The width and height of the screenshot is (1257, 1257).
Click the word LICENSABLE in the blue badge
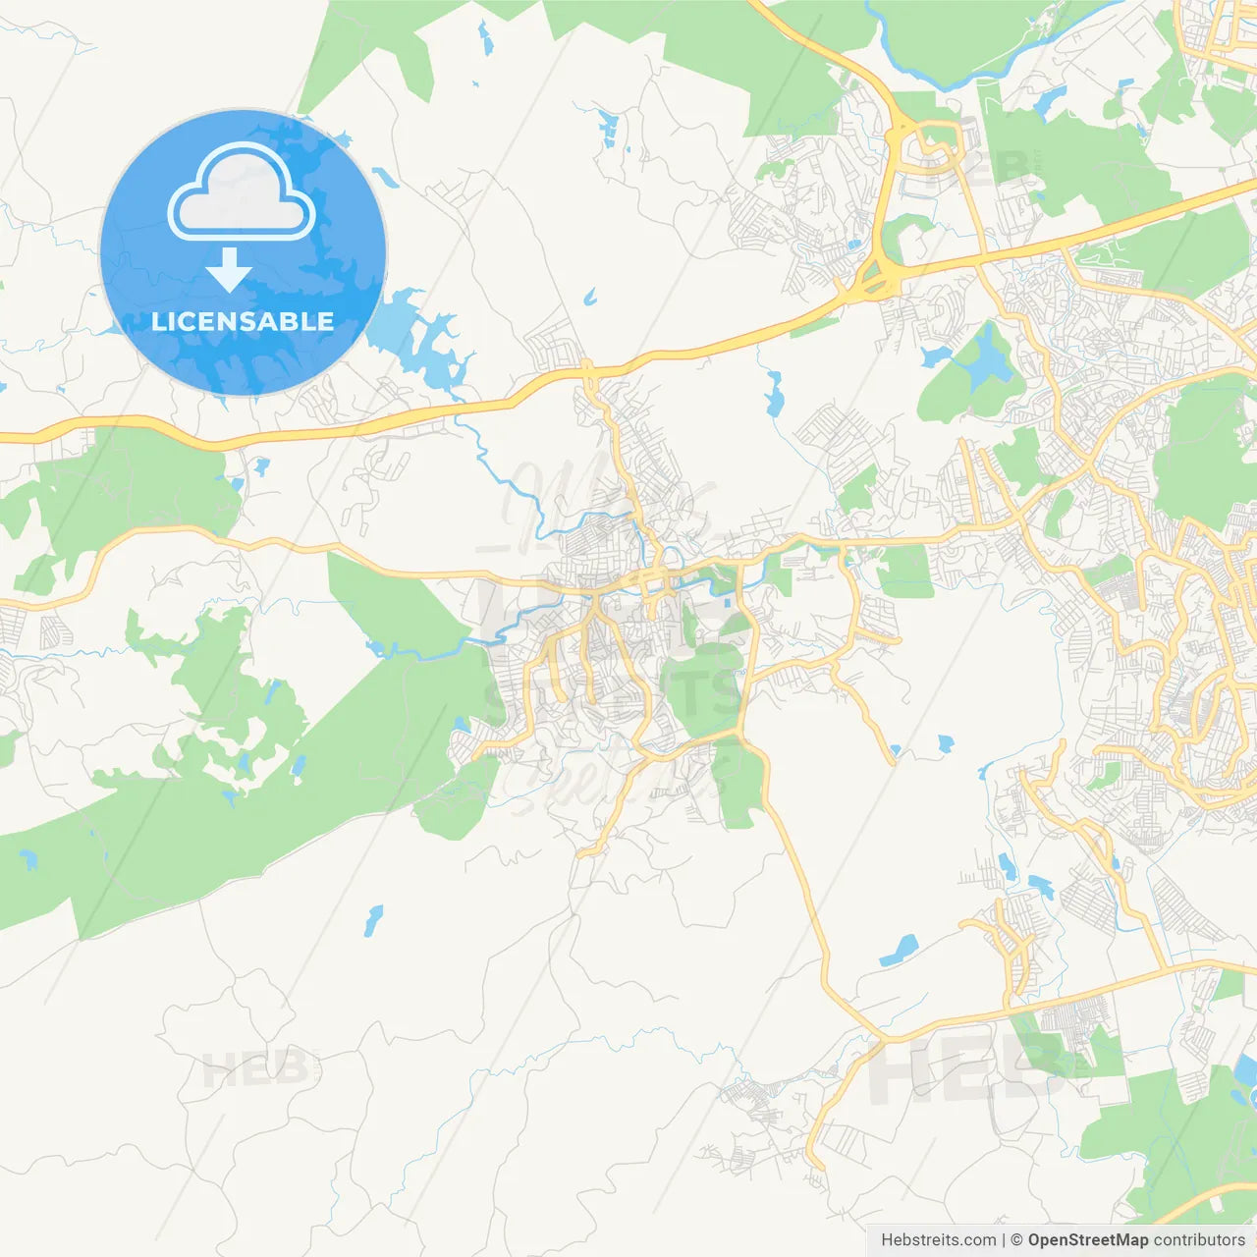[x=243, y=321]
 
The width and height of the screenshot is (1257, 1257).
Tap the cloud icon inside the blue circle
[x=242, y=193]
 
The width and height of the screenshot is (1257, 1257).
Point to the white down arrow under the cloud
[x=229, y=270]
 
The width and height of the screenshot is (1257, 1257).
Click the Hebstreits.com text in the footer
[x=938, y=1240]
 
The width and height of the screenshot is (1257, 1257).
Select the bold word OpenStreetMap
[x=1088, y=1240]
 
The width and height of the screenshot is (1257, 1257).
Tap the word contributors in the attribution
[x=1199, y=1240]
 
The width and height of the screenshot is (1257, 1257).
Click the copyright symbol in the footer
[x=1016, y=1240]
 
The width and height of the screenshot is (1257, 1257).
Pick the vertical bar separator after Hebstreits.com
[x=1004, y=1240]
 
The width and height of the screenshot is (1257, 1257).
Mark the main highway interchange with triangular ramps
[x=873, y=276]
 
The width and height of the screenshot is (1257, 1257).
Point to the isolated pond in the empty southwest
[x=372, y=920]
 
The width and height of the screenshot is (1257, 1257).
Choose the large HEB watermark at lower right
[x=962, y=1070]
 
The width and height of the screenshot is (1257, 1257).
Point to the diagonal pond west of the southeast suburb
[x=900, y=950]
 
